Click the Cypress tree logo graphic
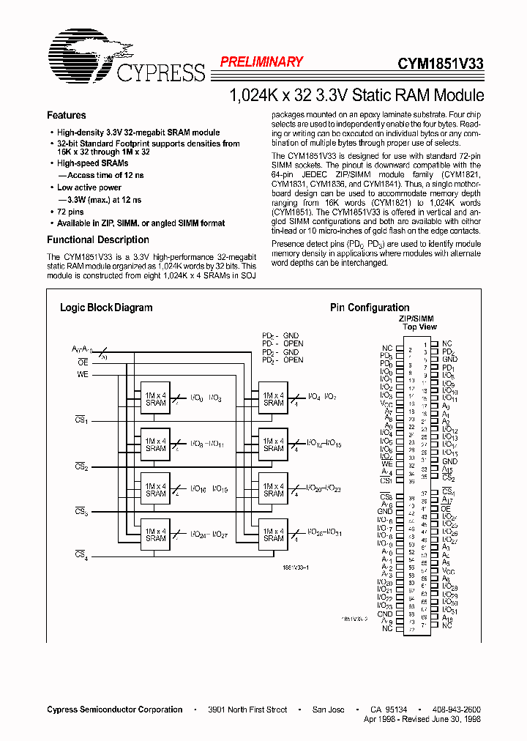pyautogui.click(x=82, y=55)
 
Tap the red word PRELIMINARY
pyautogui.click(x=261, y=62)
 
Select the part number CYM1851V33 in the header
pyautogui.click(x=440, y=64)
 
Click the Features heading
pyautogui.click(x=66, y=115)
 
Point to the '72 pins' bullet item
pyautogui.click(x=72, y=211)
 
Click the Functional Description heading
pyautogui.click(x=97, y=239)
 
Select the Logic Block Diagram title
pyautogui.click(x=106, y=308)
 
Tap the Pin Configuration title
pyautogui.click(x=370, y=308)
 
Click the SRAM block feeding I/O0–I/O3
pyautogui.click(x=155, y=398)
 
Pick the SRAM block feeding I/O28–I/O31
pyautogui.click(x=273, y=535)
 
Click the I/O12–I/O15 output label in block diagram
pyautogui.click(x=324, y=443)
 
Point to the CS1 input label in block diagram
pyautogui.click(x=81, y=420)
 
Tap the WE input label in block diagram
pyautogui.click(x=83, y=374)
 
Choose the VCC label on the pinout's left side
pyautogui.click(x=387, y=403)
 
